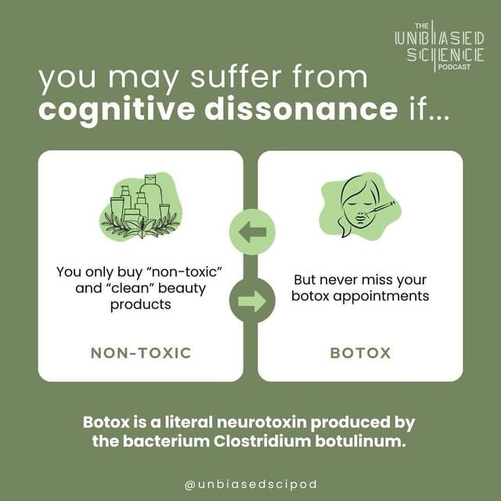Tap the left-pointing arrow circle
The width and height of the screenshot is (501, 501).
(x=252, y=232)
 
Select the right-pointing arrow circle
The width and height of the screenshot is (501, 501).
(x=252, y=301)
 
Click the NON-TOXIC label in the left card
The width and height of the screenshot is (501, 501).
(x=141, y=353)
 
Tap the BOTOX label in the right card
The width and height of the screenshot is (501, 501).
(x=360, y=353)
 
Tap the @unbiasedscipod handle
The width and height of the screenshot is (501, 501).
(x=250, y=485)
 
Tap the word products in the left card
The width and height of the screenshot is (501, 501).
(x=141, y=305)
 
